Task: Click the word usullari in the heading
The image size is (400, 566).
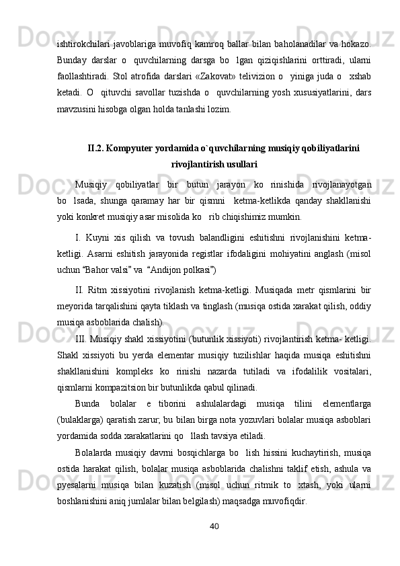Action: (237, 163)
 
